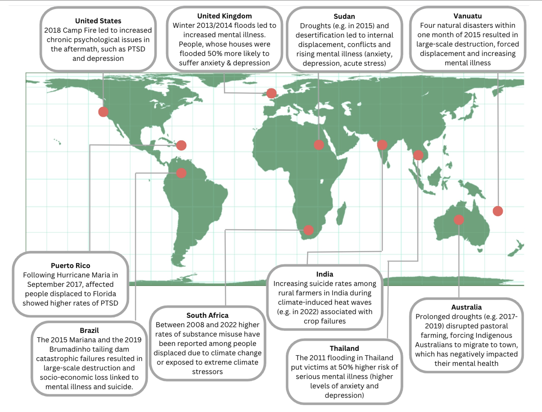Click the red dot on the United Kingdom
271,93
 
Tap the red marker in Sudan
319,145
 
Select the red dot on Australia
459,219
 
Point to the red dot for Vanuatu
498,211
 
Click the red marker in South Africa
308,230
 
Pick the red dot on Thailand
418,155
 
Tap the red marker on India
382,145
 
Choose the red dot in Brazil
181,173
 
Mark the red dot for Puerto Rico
181,145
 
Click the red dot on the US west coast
103,112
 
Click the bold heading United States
98,21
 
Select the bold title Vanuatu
467,16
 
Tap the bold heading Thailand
344,348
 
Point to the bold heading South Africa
207,315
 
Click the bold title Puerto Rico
70,266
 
